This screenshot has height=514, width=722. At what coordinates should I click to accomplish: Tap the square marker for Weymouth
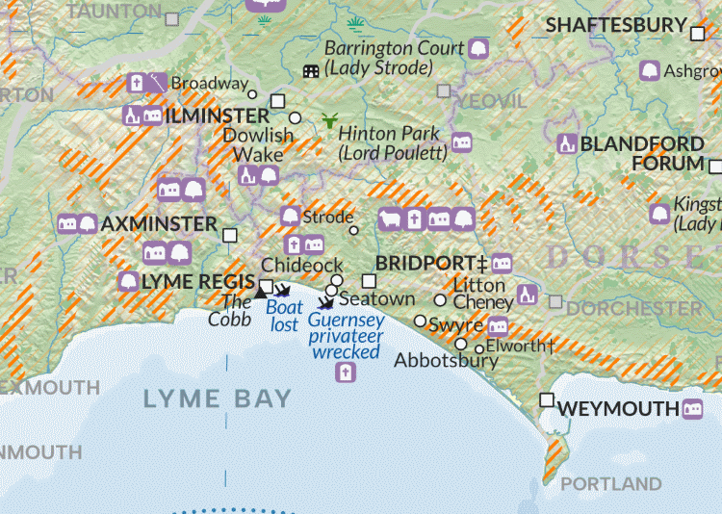click(547, 399)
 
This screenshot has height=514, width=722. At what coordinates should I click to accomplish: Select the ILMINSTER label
click(218, 116)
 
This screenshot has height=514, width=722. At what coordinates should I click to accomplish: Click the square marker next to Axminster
click(230, 235)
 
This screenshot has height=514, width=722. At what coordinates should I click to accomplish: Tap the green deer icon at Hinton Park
click(330, 121)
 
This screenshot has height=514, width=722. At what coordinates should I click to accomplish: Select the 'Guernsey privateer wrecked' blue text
click(347, 336)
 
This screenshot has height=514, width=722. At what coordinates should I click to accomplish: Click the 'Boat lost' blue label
click(284, 317)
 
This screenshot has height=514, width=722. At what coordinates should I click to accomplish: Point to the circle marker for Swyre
click(421, 321)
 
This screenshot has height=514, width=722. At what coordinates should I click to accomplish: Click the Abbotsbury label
click(447, 361)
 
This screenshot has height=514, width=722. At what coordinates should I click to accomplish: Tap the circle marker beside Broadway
click(253, 94)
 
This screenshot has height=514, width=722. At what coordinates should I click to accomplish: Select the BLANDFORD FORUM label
click(643, 153)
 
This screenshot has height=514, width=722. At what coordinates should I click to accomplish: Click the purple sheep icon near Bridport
click(390, 219)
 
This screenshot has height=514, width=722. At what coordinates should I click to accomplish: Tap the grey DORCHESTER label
click(633, 309)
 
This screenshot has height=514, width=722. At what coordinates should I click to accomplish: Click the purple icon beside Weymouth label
click(691, 409)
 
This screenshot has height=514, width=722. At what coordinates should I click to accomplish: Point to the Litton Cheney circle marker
click(441, 300)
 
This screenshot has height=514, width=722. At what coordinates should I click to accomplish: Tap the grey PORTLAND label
click(610, 483)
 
